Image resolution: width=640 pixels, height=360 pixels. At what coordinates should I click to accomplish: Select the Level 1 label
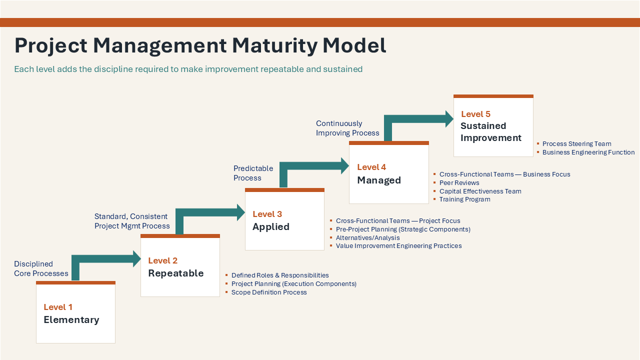tap(58, 307)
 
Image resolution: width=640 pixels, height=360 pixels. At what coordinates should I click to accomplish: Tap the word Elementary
tap(71, 320)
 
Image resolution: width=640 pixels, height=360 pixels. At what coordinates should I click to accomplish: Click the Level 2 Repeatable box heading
tap(176, 267)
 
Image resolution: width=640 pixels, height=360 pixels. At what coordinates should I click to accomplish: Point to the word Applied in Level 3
tap(271, 227)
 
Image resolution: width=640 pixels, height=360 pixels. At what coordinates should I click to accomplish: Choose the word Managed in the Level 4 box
tap(379, 180)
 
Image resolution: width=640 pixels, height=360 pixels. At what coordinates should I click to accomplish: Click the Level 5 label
tap(475, 114)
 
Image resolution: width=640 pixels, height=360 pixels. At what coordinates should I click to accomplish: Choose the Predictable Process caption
tap(253, 173)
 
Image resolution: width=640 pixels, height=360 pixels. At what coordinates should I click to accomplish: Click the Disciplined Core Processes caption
tap(41, 268)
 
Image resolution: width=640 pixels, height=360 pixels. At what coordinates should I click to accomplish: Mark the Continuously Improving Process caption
tap(347, 128)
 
